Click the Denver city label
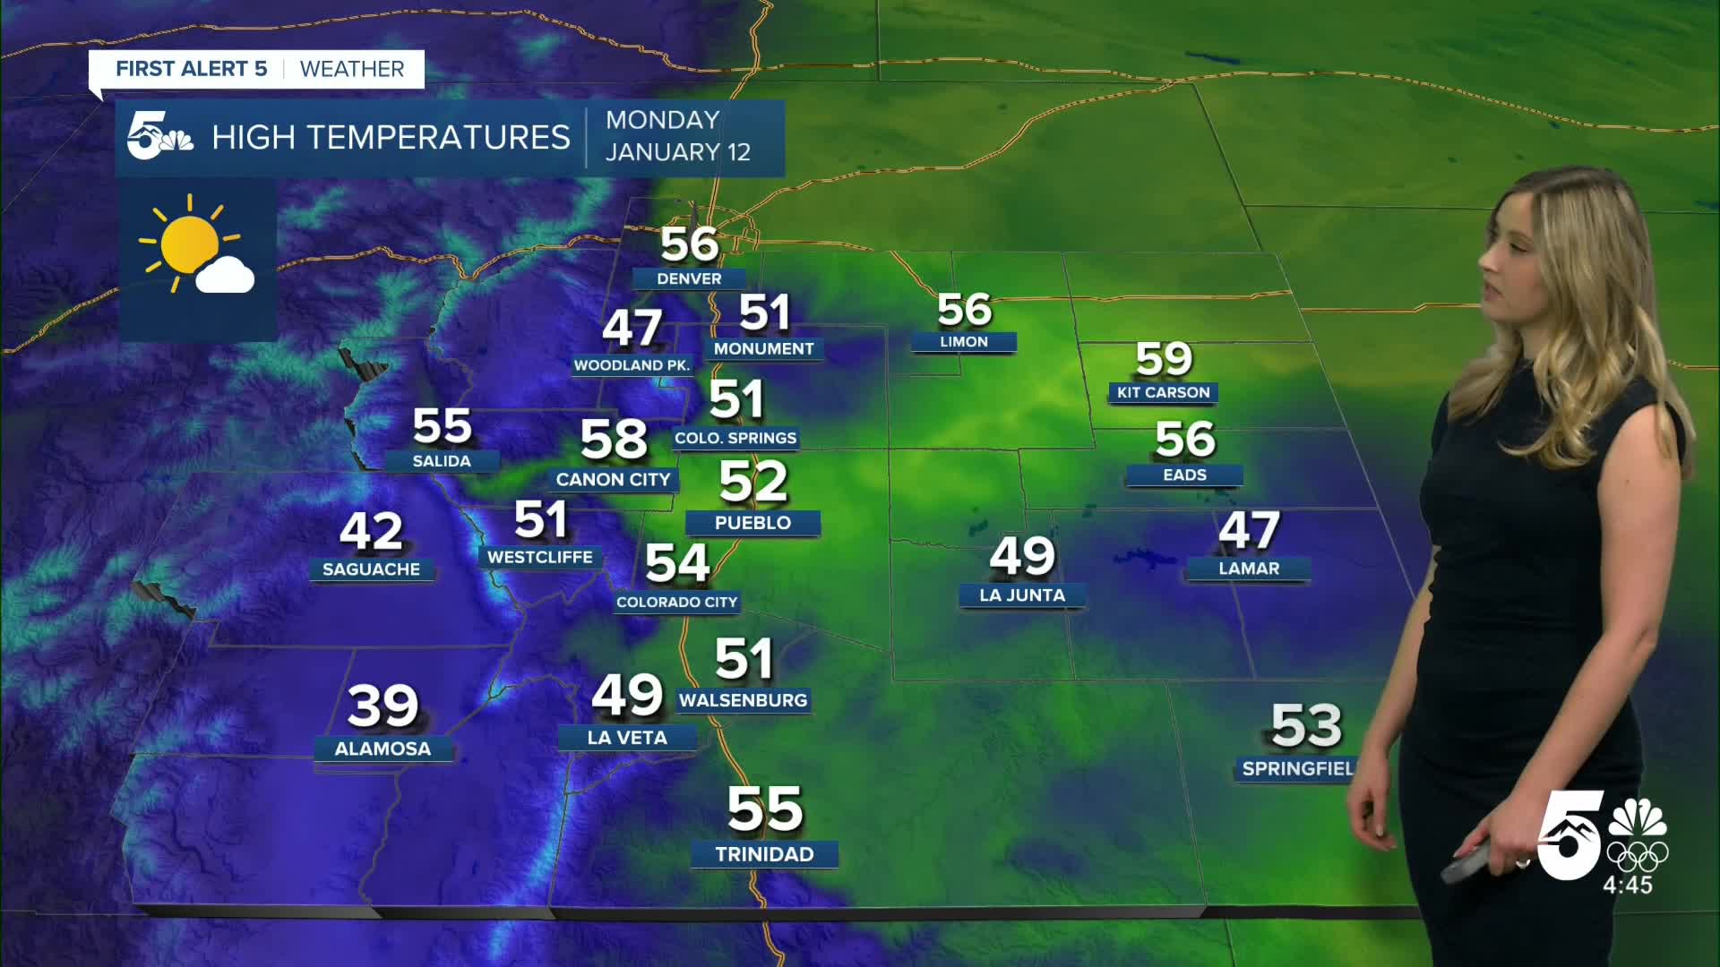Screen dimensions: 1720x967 coord(689,278)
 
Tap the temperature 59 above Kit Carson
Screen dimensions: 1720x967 coord(1164,359)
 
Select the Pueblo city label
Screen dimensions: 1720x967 coord(752,523)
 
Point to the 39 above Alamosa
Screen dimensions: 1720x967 coord(383,706)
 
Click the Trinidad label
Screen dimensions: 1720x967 coord(764,854)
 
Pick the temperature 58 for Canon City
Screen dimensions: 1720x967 coord(614,440)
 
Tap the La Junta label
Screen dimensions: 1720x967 coord(1022,595)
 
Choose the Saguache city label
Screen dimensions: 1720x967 coord(371,569)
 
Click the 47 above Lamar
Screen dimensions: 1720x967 coord(1249,531)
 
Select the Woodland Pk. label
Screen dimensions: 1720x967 coord(632,365)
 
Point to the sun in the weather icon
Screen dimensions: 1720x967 coord(189,244)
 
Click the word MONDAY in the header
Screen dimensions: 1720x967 coord(663,120)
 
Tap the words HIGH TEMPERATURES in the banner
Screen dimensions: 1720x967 coord(391,138)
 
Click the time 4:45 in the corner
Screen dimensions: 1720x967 coord(1628,886)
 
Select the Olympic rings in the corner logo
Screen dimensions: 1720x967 coord(1638,856)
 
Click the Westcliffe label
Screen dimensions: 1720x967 coord(539,557)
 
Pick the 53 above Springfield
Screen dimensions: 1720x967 coord(1306,725)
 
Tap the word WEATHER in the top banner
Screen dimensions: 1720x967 coord(352,69)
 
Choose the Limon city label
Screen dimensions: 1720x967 coord(963,342)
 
